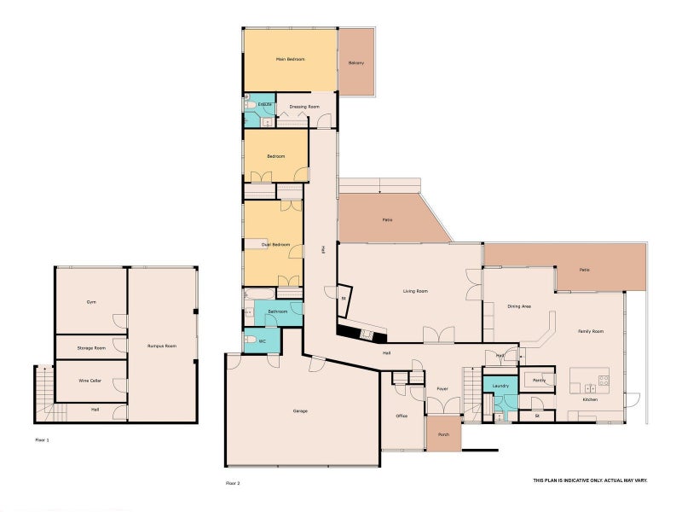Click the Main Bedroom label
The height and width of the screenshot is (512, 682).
coord(290,60)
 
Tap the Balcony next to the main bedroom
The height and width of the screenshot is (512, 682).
coord(356,63)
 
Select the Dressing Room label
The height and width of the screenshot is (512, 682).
coord(304,108)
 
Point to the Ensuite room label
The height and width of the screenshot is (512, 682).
coord(265,104)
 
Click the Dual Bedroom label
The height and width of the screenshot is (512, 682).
coord(276,245)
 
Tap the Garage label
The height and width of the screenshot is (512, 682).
coord(300,410)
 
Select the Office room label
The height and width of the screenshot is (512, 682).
coord(402,416)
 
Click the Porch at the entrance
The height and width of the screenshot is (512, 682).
coord(443,433)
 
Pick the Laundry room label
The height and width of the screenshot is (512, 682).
coord(500,387)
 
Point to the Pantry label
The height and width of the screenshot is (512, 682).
coord(539,380)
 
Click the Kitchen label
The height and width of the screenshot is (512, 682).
coord(589,399)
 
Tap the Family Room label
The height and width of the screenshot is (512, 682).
coord(591,331)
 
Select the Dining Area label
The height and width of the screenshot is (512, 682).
coord(520,305)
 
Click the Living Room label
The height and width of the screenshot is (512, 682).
coord(415,291)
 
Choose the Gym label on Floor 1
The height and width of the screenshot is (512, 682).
coord(91,302)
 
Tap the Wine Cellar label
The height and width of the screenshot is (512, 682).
coord(90,381)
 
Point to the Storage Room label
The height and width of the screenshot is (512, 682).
coord(91,348)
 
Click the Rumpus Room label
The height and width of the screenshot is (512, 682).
coord(161,346)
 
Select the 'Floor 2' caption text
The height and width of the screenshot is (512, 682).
coord(233,483)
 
